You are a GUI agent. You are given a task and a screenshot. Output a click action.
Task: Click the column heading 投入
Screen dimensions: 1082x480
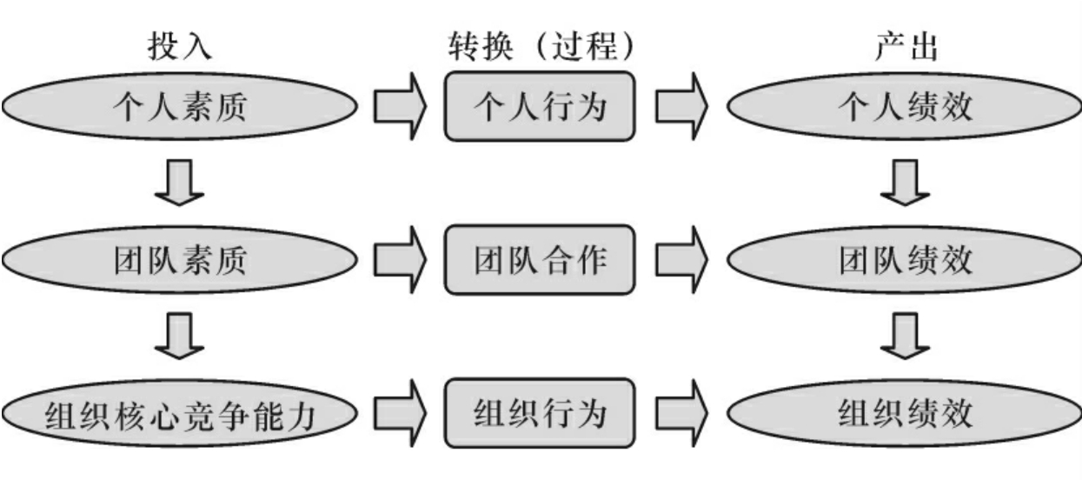[x=180, y=47]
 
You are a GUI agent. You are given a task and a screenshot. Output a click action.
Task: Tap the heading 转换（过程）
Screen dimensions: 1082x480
[x=541, y=47]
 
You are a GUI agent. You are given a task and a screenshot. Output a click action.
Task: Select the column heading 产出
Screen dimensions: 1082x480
[x=906, y=47]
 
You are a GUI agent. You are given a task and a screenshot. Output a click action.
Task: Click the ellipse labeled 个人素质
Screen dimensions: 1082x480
[x=180, y=106]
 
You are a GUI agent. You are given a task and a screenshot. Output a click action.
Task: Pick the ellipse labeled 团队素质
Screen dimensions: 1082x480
[x=180, y=260]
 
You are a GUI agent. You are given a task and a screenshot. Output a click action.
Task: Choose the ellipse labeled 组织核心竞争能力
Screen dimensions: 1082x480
[x=180, y=413]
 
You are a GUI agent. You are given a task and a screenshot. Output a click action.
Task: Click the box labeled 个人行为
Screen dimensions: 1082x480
[x=540, y=106]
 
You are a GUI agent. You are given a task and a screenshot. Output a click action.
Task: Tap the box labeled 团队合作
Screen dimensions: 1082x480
[x=540, y=260]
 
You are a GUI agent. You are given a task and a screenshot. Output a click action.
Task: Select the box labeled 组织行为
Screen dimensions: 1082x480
[x=540, y=413]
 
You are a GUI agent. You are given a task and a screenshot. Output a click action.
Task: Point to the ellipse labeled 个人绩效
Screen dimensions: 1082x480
[x=905, y=106]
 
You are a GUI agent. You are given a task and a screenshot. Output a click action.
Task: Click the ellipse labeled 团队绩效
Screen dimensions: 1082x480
[x=905, y=260]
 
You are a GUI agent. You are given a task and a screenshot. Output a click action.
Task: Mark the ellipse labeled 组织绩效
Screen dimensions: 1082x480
[x=905, y=413]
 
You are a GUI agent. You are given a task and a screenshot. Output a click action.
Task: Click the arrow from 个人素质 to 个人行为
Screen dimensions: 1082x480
[x=400, y=106]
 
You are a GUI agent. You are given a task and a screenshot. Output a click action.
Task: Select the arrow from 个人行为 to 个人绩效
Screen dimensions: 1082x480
[x=681, y=106]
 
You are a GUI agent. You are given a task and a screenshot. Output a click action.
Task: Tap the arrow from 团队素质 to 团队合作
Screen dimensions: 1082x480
[x=400, y=260]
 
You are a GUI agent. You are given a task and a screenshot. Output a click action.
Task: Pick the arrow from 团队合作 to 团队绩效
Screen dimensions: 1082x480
[x=681, y=260]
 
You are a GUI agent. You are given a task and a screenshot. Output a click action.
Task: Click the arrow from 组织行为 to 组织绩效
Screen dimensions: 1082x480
[x=681, y=413]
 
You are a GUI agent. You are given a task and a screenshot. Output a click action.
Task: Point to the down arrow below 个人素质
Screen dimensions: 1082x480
[x=179, y=183]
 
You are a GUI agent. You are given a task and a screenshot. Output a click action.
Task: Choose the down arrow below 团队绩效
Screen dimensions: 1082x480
[x=905, y=336]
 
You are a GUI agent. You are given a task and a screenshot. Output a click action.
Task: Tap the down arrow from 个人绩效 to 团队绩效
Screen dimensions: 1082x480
[x=905, y=183]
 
